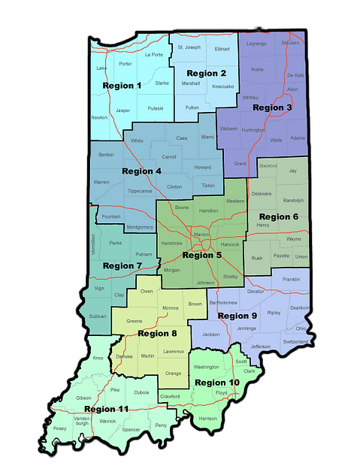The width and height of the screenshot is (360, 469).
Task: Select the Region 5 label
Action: click(x=202, y=256)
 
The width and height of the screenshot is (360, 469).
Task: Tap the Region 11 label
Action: click(x=106, y=409)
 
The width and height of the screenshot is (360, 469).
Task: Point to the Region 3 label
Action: click(x=273, y=107)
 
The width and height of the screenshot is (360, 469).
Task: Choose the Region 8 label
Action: click(x=158, y=333)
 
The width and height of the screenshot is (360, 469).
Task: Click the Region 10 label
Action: click(x=217, y=383)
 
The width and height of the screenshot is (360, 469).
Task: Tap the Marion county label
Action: click(x=201, y=234)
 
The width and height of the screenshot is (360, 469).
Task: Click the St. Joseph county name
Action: click(x=189, y=47)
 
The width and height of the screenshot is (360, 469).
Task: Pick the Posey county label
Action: click(x=59, y=428)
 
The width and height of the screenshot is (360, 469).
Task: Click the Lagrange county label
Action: click(x=256, y=44)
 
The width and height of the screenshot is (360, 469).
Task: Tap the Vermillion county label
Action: click(x=93, y=245)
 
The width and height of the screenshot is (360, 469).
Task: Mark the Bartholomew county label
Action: click(x=223, y=302)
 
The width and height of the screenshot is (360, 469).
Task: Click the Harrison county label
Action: click(x=207, y=418)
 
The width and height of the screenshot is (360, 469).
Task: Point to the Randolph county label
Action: click(x=293, y=201)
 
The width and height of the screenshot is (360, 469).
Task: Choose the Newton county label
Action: click(x=98, y=117)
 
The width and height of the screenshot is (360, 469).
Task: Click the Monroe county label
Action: click(x=171, y=308)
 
